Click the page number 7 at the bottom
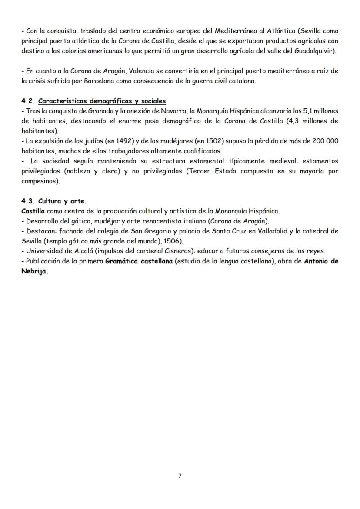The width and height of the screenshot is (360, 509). point(180,476)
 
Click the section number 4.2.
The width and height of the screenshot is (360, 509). point(28,101)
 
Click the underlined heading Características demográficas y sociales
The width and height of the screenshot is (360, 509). point(102,101)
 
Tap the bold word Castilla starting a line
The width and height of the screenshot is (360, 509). point(33,211)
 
